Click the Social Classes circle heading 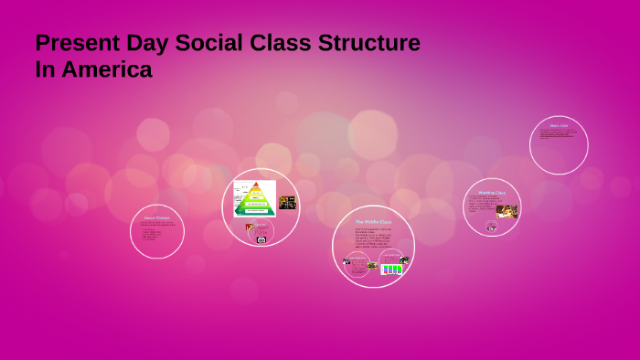156,217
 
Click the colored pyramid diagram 256,199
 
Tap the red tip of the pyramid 256,185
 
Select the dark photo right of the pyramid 287,203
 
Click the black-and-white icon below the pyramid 261,239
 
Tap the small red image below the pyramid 249,228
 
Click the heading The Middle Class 373,222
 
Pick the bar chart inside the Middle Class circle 392,269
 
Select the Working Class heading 492,193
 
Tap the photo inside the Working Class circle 507,211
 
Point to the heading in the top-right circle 559,125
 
